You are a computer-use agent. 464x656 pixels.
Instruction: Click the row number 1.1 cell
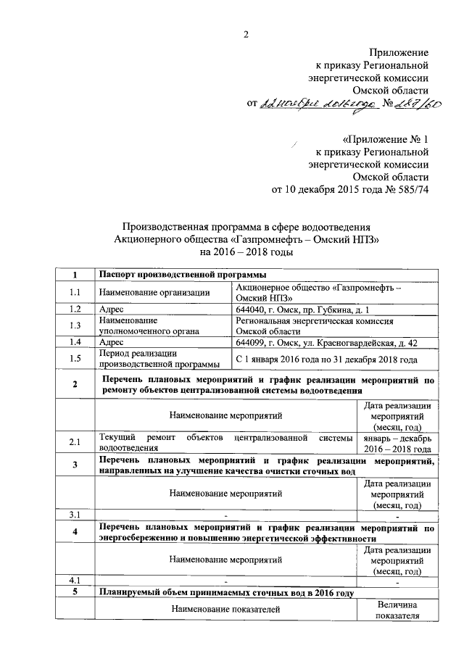74,292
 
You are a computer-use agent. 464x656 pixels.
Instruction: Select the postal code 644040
253,309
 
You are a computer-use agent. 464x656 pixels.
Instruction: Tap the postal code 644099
253,341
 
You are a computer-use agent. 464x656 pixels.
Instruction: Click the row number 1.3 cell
74,325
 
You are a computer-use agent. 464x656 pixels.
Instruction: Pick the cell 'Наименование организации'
154,292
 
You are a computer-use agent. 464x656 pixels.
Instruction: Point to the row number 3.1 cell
74,515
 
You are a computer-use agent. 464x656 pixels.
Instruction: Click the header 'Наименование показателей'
225,610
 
